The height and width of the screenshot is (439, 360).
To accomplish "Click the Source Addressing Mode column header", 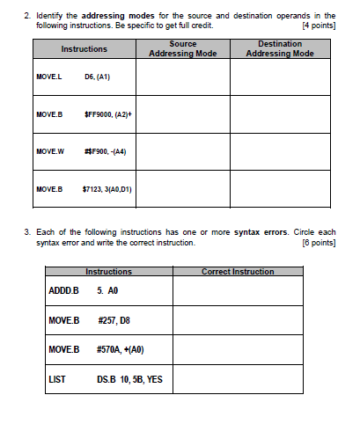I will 182,49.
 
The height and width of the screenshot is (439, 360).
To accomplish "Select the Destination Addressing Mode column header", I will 280,49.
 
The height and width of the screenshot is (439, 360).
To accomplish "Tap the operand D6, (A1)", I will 97,77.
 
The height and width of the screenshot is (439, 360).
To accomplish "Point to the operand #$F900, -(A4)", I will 106,151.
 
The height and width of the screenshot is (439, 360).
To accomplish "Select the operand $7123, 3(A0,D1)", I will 107,188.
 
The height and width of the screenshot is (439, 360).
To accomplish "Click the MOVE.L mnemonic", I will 48,77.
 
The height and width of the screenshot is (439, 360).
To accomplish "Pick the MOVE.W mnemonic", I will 48,151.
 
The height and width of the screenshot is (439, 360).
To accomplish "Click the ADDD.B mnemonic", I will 63,289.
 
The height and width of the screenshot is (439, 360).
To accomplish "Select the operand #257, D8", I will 114,319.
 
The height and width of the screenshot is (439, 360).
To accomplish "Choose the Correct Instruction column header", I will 238,272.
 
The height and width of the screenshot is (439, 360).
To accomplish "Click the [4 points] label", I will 318,26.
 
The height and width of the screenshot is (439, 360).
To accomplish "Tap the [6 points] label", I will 318,242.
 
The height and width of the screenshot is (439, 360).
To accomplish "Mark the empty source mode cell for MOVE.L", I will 182,77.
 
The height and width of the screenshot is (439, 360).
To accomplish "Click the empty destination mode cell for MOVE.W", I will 280,151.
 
